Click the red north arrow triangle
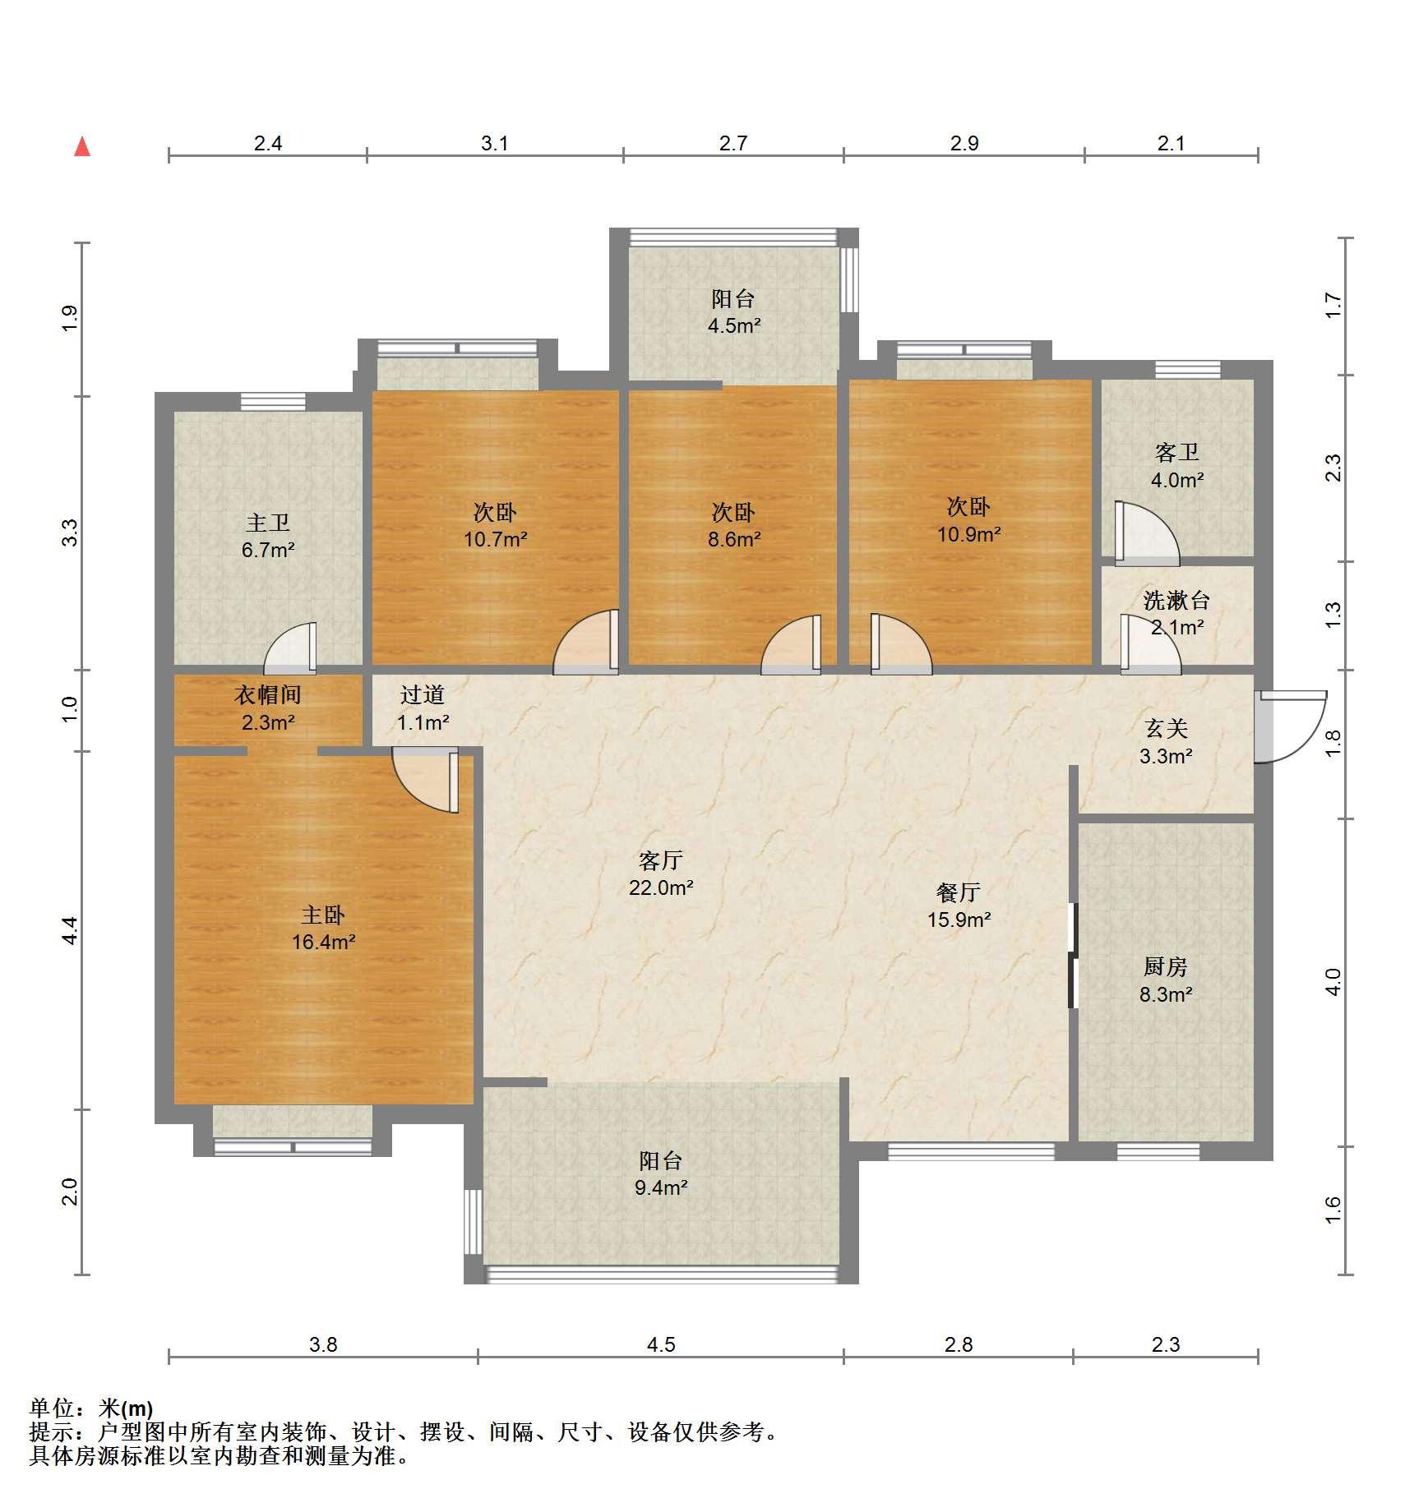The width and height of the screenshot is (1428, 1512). [82, 146]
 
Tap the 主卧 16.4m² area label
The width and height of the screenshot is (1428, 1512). [323, 929]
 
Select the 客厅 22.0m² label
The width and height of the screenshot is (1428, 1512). [661, 874]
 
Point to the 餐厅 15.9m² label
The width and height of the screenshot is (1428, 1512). [959, 906]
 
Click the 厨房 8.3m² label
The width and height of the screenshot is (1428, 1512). [1166, 980]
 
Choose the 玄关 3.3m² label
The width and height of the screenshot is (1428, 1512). [1166, 742]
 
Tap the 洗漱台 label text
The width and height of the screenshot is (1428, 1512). [1176, 601]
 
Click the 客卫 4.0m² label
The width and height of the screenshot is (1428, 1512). [1177, 466]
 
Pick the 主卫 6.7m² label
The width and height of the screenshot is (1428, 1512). [268, 536]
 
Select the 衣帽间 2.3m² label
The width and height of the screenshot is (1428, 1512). [268, 708]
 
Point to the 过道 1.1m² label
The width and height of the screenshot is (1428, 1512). [423, 708]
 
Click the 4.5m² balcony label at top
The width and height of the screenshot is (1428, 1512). [734, 312]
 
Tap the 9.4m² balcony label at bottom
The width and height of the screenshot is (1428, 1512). [661, 1174]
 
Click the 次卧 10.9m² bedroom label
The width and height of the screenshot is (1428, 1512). [968, 520]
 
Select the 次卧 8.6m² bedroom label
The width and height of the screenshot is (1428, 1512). [734, 526]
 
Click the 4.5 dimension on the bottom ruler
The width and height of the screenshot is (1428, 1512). [661, 1344]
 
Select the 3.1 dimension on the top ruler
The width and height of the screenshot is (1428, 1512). [495, 144]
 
